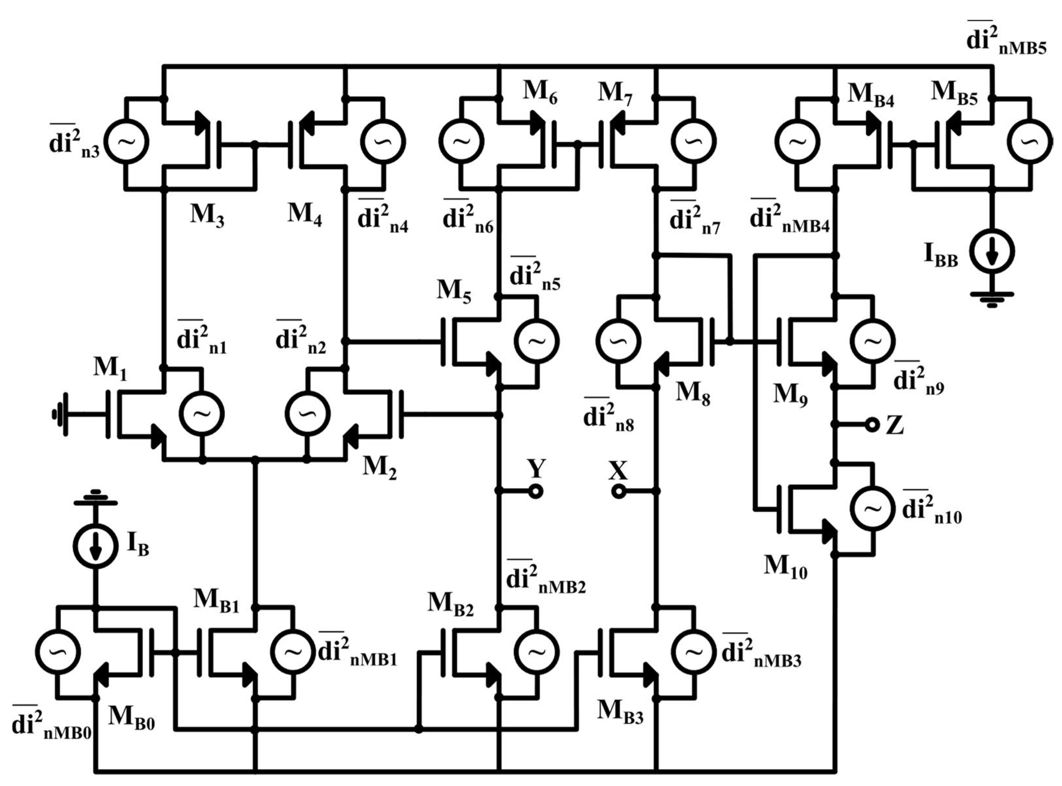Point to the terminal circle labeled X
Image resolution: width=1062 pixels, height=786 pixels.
(618, 491)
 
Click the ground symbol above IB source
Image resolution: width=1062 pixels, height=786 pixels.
(96, 497)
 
